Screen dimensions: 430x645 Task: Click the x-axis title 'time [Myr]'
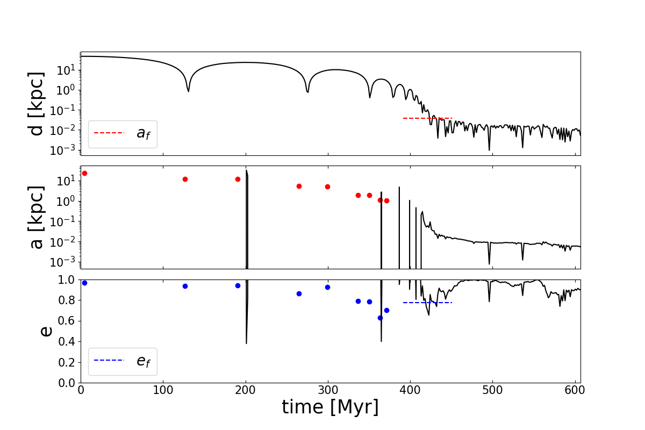(330, 407)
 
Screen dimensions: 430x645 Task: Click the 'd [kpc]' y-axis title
(37, 104)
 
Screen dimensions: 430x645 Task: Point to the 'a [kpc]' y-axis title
(37, 218)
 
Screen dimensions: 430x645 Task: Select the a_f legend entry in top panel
(123, 133)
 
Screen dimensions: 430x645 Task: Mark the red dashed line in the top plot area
(427, 118)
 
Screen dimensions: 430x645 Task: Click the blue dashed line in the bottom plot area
(427, 303)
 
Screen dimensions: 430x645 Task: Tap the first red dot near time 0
(84, 173)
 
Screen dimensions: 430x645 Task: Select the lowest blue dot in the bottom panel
(380, 318)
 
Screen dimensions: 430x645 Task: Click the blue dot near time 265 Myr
(299, 293)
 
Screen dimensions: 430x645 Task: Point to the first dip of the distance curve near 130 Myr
(188, 90)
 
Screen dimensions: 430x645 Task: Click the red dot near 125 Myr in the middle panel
(185, 179)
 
